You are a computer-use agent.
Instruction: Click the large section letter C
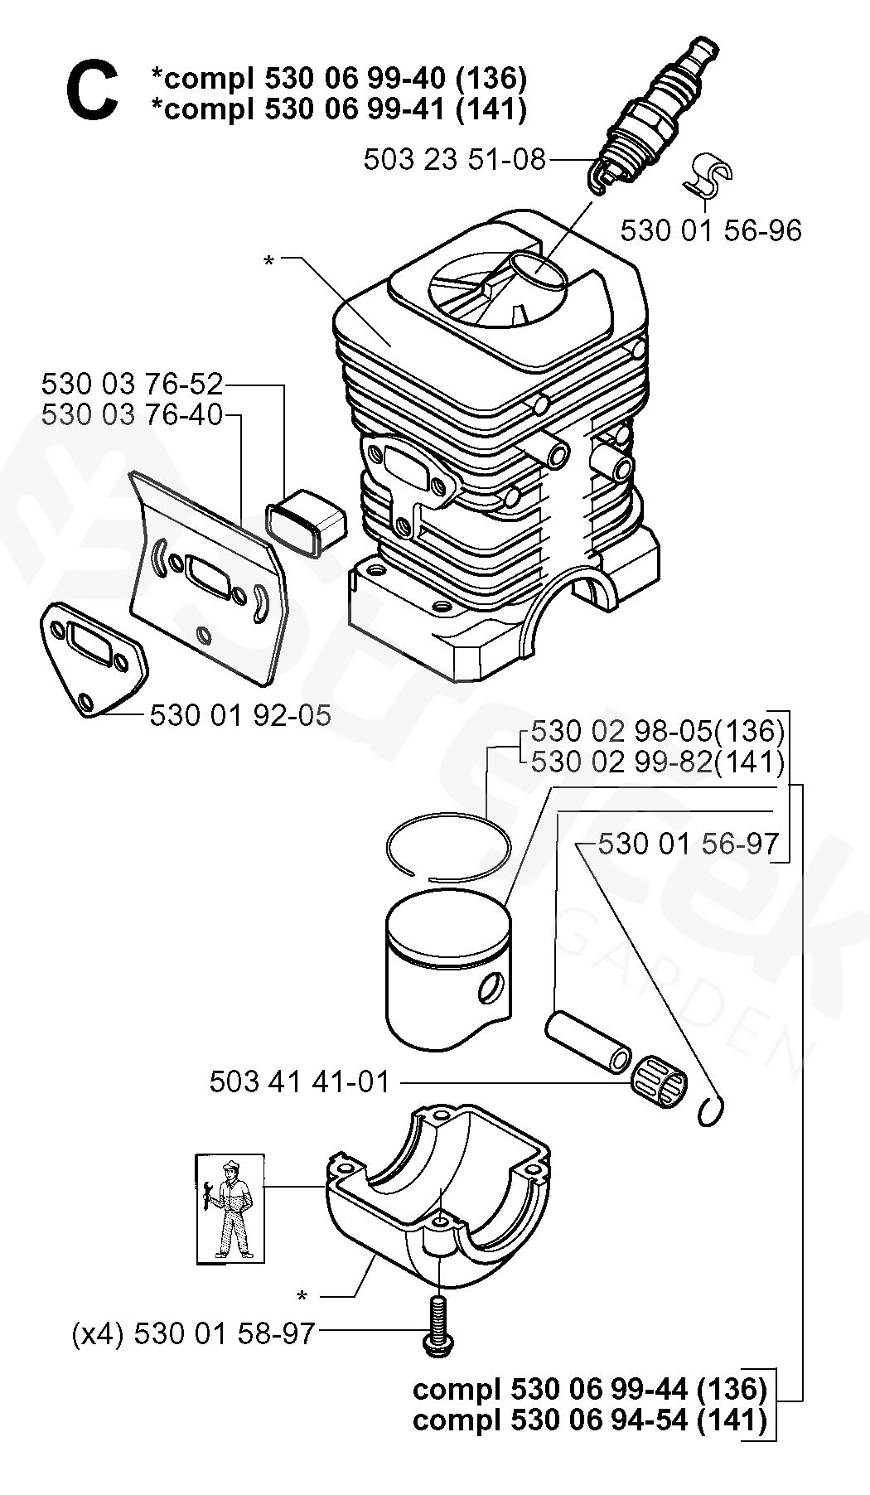pos(91,93)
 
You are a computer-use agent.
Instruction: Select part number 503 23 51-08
pos(454,159)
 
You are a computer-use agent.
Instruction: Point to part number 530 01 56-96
pos(711,230)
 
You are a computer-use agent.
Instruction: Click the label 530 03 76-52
pos(133,385)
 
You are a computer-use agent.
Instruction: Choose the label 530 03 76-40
pos(133,414)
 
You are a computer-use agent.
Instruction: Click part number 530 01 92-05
pos(240,715)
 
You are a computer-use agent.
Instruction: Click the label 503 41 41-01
pos(299,1082)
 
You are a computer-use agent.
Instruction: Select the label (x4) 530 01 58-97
pos(194,1333)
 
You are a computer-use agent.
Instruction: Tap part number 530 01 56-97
pos(688,844)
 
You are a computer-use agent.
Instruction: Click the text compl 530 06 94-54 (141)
pos(589,1420)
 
